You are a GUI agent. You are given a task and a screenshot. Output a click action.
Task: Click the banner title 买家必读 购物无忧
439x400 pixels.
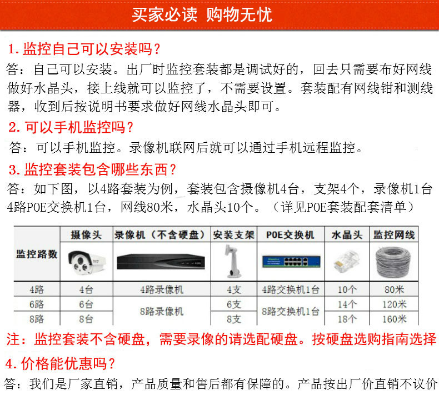click(202, 14)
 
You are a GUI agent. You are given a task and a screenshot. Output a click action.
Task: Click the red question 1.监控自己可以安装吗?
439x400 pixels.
click(84, 49)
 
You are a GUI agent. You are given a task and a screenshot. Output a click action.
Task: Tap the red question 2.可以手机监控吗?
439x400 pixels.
click(71, 127)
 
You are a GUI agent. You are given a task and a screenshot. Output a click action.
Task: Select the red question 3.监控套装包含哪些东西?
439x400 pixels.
click(92, 169)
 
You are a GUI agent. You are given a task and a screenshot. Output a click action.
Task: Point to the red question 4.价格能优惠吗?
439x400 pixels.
click(60, 364)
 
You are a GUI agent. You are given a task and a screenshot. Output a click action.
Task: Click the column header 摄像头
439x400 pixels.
click(86, 234)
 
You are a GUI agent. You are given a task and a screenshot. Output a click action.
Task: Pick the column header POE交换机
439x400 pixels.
click(290, 235)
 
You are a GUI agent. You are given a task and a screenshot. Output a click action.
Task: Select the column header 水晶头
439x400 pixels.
click(347, 235)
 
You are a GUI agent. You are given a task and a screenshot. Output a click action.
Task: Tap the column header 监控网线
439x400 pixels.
click(394, 234)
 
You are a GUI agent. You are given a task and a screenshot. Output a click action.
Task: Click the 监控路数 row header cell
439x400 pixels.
click(37, 254)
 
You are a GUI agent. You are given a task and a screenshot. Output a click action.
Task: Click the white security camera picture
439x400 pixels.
click(87, 262)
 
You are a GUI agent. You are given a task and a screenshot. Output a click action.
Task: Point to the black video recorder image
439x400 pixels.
click(161, 262)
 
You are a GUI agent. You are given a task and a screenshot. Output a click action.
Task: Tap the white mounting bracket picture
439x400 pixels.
click(233, 262)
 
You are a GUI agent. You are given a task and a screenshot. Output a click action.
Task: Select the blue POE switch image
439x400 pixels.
click(291, 261)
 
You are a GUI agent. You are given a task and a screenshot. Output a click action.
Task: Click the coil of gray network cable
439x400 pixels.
click(393, 262)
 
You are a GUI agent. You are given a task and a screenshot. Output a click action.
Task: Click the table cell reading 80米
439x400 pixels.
click(394, 289)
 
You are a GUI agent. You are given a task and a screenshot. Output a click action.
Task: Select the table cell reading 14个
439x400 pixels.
click(347, 304)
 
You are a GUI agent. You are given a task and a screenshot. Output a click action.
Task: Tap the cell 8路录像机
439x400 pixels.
click(162, 311)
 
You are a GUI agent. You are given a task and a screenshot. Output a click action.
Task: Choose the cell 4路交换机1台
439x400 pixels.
click(291, 289)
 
